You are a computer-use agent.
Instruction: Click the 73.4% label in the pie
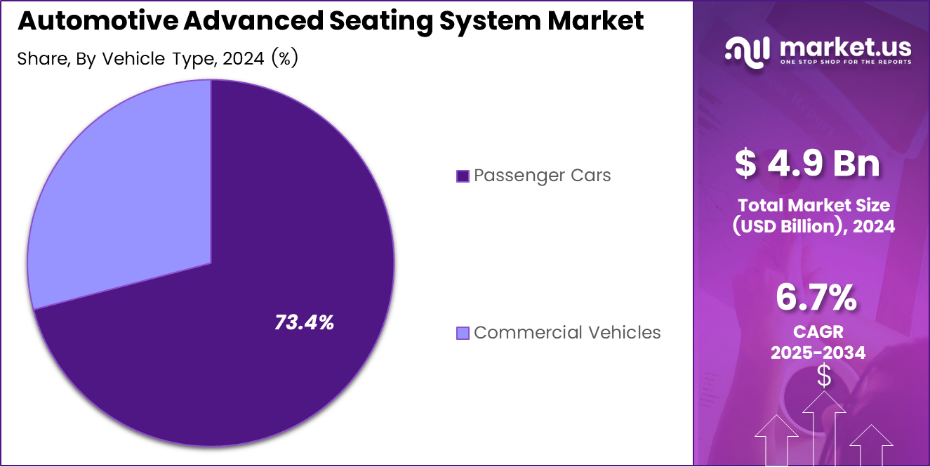[304, 323]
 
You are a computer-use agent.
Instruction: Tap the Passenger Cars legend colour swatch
[463, 176]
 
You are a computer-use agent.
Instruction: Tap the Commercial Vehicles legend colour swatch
[463, 333]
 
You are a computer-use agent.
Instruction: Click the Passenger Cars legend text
[542, 176]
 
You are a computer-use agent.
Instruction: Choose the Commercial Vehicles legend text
[567, 332]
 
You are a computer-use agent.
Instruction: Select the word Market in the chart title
[595, 21]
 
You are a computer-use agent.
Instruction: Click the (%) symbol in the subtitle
[285, 59]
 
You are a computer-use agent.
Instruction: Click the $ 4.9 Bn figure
[807, 164]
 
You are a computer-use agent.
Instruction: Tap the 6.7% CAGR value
[816, 298]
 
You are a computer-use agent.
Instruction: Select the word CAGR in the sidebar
[818, 331]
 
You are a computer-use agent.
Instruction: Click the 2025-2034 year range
[818, 353]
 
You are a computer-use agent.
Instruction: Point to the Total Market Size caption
[813, 206]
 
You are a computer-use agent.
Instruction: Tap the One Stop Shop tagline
[845, 62]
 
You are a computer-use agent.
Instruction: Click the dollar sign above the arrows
[824, 376]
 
